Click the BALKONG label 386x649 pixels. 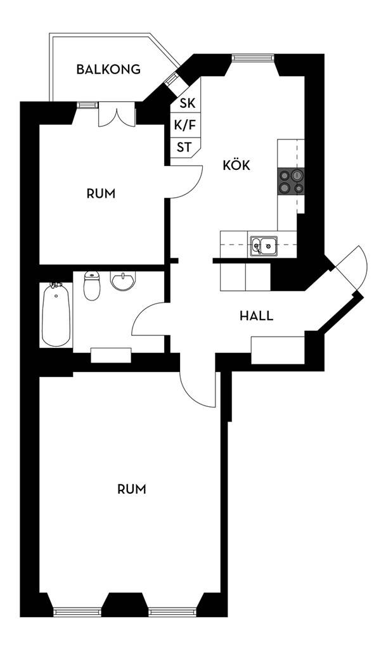(x=108, y=69)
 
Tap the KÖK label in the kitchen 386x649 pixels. (x=236, y=165)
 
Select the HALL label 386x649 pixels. (x=257, y=316)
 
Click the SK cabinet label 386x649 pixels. (x=186, y=103)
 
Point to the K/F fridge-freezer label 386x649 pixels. (x=185, y=125)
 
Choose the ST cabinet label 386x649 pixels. (x=184, y=147)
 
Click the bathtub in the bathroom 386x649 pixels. (x=56, y=314)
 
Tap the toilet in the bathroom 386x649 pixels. (x=91, y=286)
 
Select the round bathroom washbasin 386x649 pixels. (x=123, y=281)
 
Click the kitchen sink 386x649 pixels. (x=264, y=247)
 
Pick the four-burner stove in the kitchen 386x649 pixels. (x=292, y=181)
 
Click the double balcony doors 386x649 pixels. (x=117, y=115)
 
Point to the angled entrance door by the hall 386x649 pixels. (x=351, y=269)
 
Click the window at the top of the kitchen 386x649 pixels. (x=253, y=58)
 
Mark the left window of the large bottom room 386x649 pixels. (x=78, y=612)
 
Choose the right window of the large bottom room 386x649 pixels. (x=173, y=612)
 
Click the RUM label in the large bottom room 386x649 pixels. (x=132, y=489)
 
